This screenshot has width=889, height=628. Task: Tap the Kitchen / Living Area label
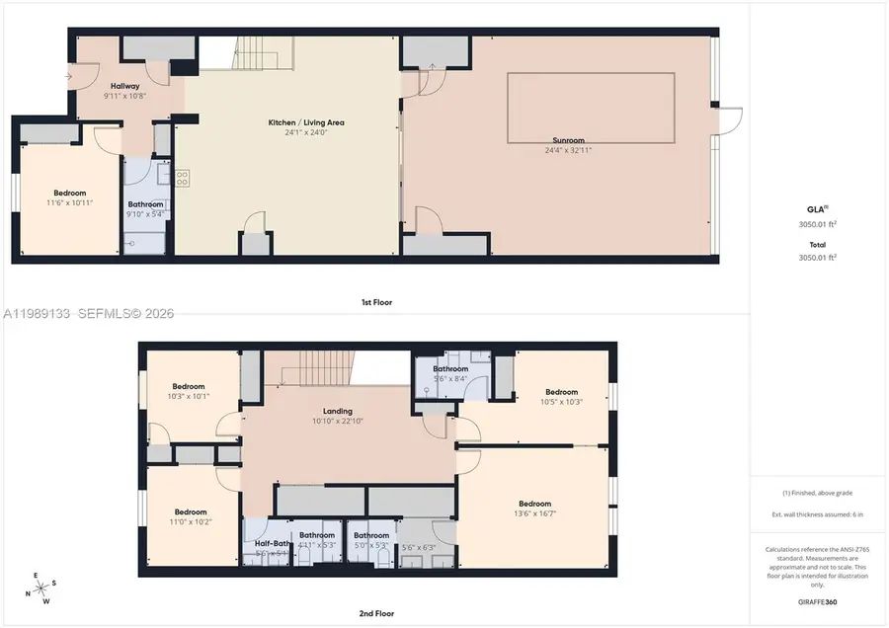click(x=306, y=122)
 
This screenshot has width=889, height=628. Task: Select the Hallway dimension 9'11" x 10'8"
click(x=125, y=97)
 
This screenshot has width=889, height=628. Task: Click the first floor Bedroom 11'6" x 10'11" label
click(x=69, y=193)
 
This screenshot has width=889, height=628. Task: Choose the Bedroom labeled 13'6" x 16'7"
click(x=534, y=504)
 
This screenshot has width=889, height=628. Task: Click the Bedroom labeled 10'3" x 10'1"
click(x=189, y=386)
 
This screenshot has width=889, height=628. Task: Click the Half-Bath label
click(x=272, y=542)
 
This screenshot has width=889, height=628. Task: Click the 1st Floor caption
click(x=377, y=302)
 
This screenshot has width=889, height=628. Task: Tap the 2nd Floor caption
click(x=377, y=613)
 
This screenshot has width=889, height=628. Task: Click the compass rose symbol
click(x=40, y=589)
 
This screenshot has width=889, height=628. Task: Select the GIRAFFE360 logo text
click(x=817, y=601)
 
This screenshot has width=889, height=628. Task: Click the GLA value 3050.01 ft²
click(x=817, y=224)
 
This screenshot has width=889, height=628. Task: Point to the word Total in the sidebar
click(x=817, y=244)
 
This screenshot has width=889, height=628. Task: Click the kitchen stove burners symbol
click(x=183, y=179)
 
